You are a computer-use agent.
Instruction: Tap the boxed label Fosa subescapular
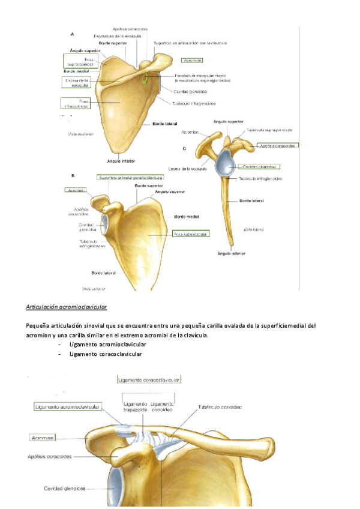point(190,234)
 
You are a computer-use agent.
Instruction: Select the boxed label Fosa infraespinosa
point(75,103)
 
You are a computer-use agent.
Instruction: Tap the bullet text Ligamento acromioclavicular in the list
point(107,345)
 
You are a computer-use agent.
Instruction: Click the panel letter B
point(73,176)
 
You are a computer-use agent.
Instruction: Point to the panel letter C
point(184,148)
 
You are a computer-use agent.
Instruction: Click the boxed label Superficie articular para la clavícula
point(131,177)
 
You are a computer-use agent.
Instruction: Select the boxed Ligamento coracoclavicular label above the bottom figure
point(149,379)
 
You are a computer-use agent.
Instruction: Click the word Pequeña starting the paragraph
point(38,326)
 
